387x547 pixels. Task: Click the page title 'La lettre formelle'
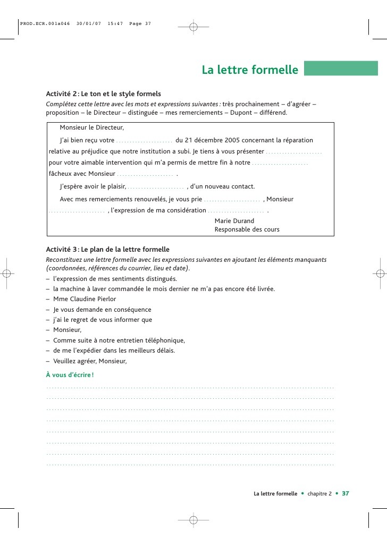pos(250,70)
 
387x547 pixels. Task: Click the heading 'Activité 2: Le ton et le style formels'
pos(103,93)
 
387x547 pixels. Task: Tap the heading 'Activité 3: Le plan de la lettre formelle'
pos(107,249)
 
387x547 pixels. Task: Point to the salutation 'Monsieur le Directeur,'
pos(91,127)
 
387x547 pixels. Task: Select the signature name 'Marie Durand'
pos(234,220)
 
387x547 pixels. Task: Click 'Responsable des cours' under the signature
pos(247,229)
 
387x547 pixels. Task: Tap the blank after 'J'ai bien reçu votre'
pos(145,141)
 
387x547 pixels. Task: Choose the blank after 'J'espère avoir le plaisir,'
pos(156,186)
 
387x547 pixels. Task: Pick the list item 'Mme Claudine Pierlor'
pos(85,299)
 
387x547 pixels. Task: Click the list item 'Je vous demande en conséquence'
pos(102,310)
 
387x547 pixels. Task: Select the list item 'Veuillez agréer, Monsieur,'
pos(90,361)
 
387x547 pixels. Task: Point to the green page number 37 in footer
pos(345,493)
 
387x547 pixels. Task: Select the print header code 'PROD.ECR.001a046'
pos(45,23)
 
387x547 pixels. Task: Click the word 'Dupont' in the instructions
pos(241,113)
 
